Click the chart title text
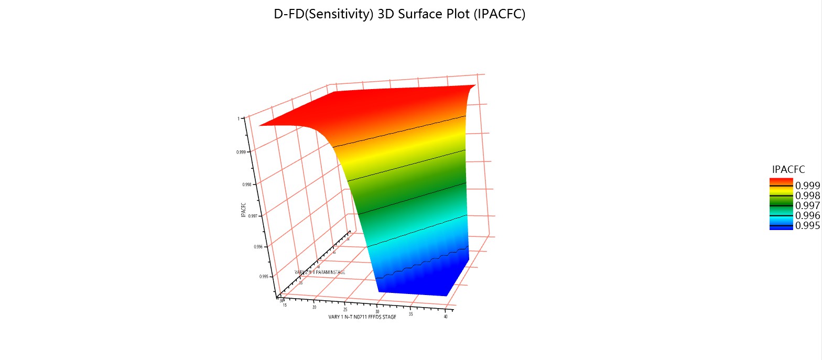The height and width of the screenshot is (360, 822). point(399,15)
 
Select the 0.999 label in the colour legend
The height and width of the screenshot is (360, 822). point(807,186)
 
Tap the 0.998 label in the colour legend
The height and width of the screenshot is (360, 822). point(807,195)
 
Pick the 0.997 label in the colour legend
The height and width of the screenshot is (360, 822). point(807,205)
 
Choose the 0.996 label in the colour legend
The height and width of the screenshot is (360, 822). point(807,215)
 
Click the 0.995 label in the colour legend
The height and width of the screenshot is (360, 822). point(807,225)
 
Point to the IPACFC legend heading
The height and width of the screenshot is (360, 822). point(788,169)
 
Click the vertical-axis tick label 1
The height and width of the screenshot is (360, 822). point(239,118)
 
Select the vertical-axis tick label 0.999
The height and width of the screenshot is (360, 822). point(241,152)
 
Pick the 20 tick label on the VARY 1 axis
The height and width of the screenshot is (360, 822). point(314,301)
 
